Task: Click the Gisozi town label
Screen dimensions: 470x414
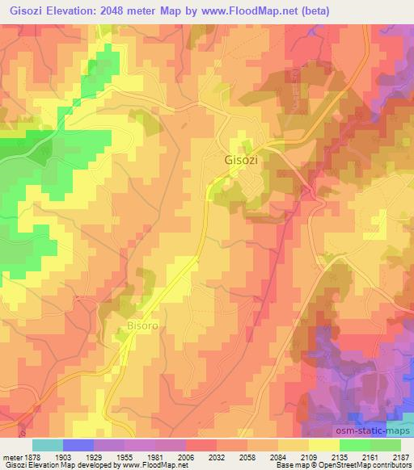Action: (241, 160)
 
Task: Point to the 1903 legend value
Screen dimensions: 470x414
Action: (62, 456)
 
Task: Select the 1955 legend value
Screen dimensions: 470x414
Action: (125, 456)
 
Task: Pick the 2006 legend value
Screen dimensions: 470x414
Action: (186, 456)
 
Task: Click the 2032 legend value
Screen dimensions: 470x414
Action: (217, 456)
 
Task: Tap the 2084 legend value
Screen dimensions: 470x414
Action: (278, 456)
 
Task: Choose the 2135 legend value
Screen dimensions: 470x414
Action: (340, 456)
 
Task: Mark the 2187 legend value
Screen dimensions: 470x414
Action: (401, 456)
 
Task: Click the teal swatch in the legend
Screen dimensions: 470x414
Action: (47, 445)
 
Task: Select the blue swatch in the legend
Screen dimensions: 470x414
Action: (78, 445)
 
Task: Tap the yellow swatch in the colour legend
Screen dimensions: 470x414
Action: (323, 445)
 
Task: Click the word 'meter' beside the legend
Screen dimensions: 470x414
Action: (11, 456)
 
